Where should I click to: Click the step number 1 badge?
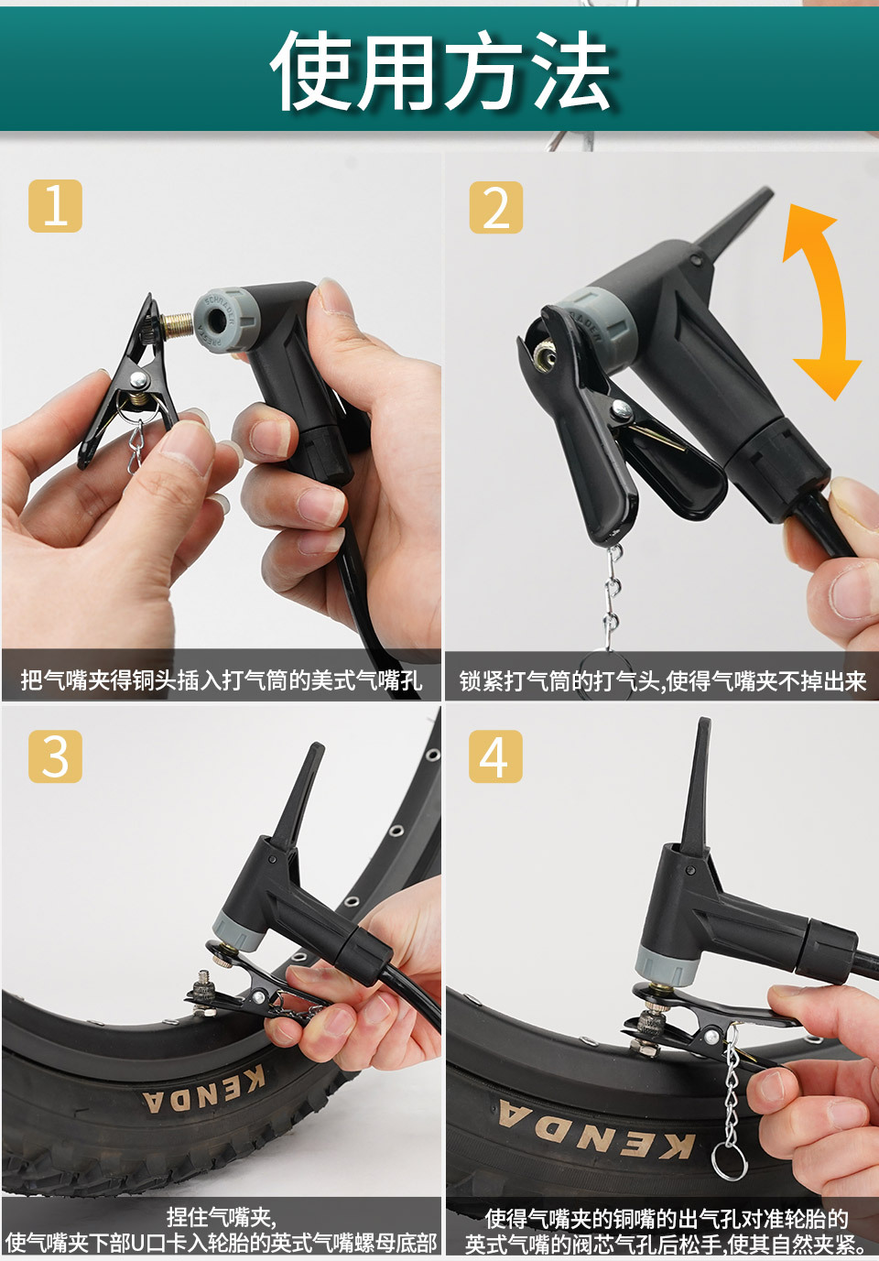[55, 206]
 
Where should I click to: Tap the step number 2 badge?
[495, 207]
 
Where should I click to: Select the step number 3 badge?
[55, 756]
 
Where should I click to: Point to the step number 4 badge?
[495, 756]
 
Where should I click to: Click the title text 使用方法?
[440, 71]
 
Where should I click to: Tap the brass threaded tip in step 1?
[177, 325]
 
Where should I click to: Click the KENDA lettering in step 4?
[596, 1133]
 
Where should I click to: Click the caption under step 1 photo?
[222, 680]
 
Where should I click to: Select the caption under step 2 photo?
[662, 680]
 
